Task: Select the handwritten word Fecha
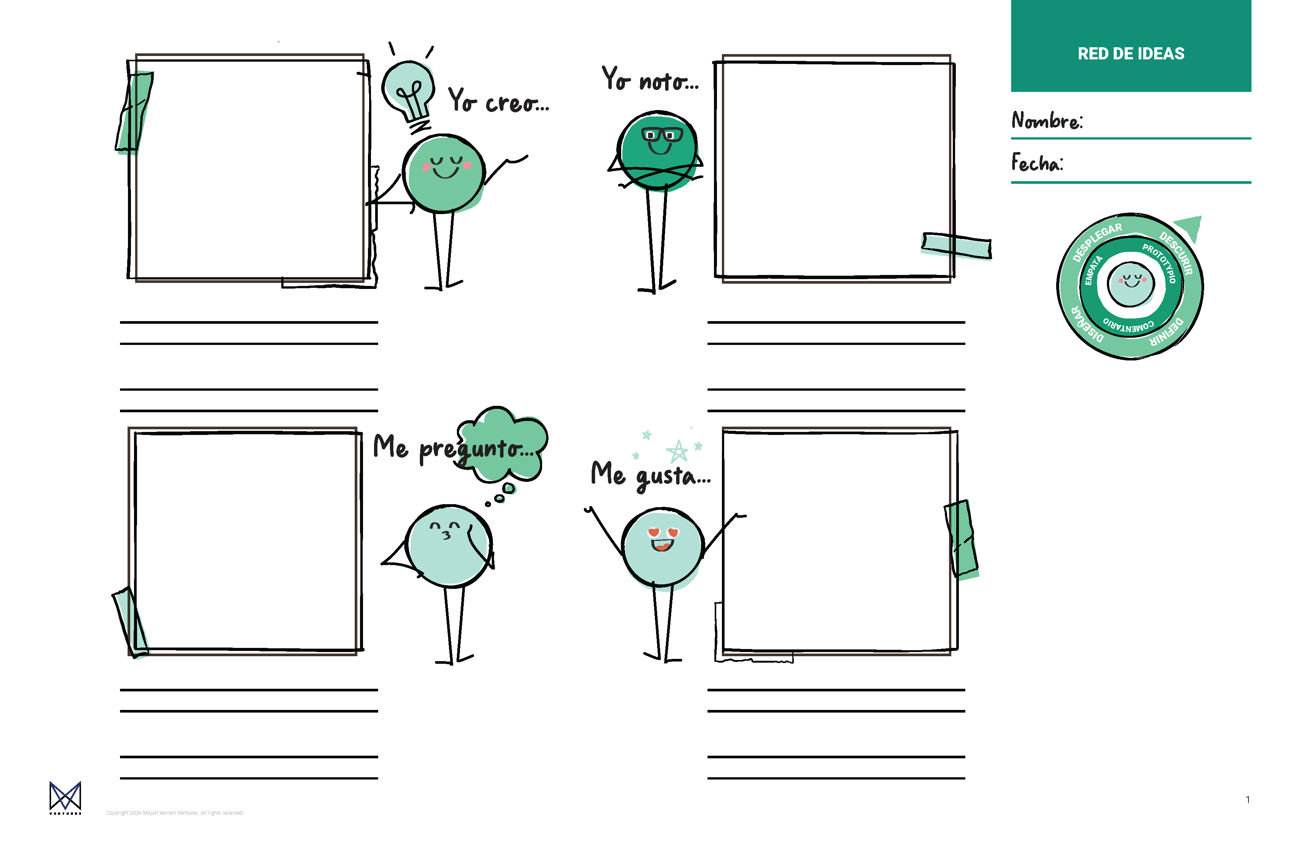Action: (1036, 163)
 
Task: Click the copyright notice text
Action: (175, 813)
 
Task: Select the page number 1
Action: (1247, 800)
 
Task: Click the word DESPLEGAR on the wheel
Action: (1096, 242)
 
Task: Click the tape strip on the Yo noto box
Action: (957, 245)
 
